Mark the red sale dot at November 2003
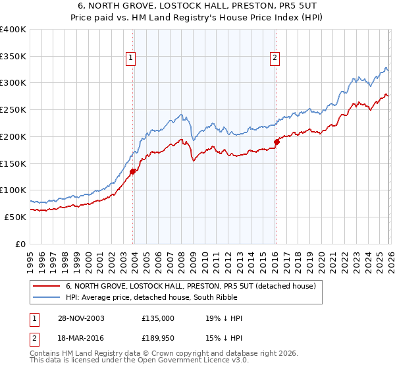click(x=133, y=171)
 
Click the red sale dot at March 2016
click(x=276, y=141)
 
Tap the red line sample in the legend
click(x=47, y=286)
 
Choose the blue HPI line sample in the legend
click(x=47, y=298)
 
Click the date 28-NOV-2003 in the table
click(x=76, y=318)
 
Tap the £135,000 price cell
click(x=157, y=318)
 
